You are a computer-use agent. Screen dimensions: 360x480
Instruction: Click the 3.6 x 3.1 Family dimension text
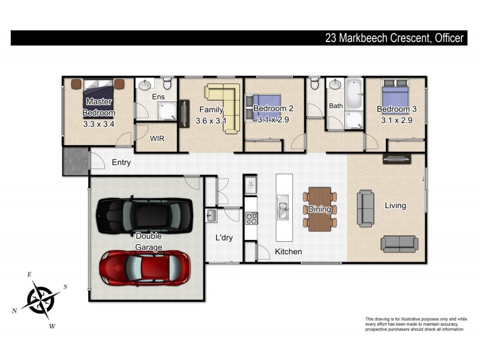211,121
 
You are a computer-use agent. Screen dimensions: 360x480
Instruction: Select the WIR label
157,139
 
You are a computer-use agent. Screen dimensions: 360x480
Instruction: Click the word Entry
121,163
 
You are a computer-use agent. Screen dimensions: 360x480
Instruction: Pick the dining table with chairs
319,209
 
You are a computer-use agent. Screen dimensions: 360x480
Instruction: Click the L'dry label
224,238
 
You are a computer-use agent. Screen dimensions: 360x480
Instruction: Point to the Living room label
395,206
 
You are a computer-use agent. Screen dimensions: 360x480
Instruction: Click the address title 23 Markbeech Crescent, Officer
394,38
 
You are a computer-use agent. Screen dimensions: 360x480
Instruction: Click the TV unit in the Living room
397,160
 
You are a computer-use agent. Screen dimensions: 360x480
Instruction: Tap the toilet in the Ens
168,83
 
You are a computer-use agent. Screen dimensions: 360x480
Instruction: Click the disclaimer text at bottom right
416,324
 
